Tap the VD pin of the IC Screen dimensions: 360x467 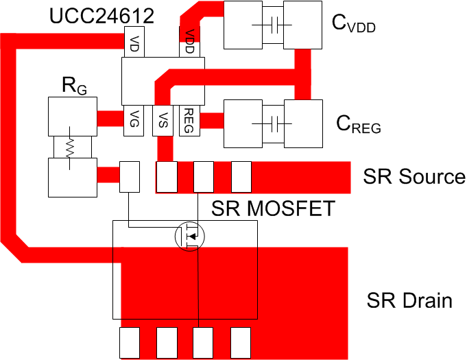(132, 45)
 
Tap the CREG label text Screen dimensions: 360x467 (358, 125)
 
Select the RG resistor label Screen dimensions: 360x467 (74, 86)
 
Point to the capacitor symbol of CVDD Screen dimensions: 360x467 (274, 25)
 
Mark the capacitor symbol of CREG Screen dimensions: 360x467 (274, 124)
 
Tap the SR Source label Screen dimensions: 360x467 (414, 177)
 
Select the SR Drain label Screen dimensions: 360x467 (409, 300)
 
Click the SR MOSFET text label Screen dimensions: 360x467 (273, 208)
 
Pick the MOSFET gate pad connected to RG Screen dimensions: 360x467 (129, 176)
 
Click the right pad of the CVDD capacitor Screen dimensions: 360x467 (303, 25)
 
